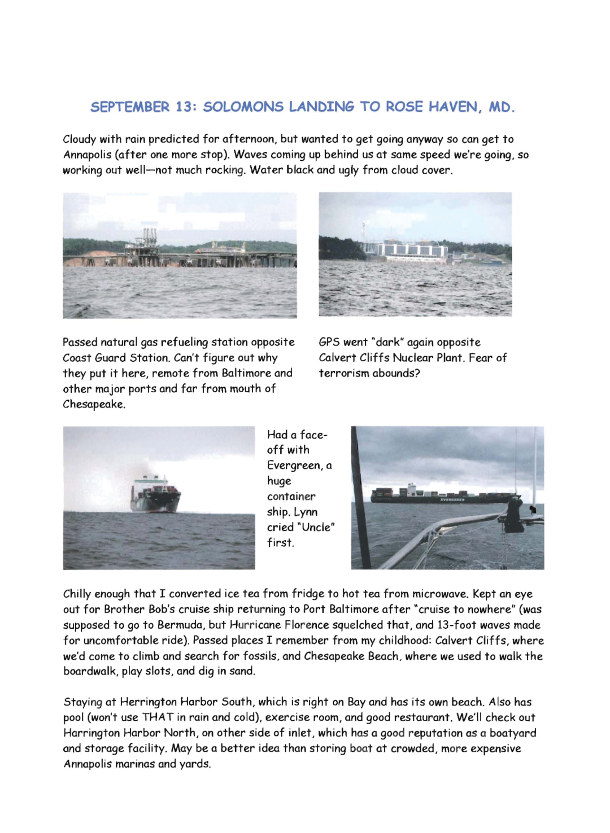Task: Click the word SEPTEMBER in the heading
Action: [130, 107]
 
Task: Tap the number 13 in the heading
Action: [185, 107]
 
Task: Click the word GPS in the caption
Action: [329, 342]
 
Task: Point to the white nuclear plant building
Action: [409, 249]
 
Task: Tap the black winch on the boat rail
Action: [513, 514]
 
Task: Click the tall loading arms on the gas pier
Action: [149, 237]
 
